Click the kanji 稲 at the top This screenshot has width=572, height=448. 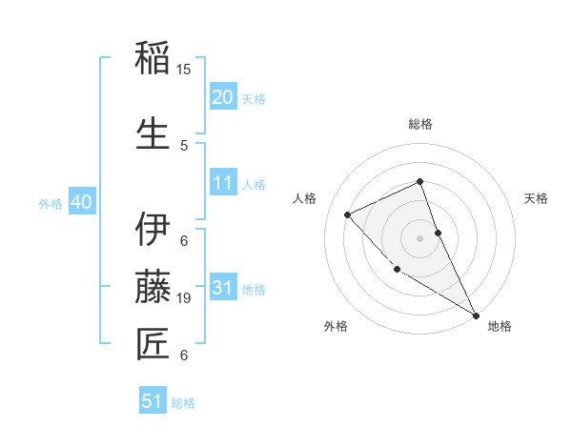coord(153,59)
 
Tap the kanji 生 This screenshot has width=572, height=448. coord(153,133)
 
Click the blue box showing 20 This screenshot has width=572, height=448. coord(222,97)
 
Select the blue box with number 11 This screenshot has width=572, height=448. coord(222,183)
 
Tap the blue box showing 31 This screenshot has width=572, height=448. coord(222,288)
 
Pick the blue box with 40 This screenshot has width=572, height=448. coord(81,202)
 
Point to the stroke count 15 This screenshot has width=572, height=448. coord(184,70)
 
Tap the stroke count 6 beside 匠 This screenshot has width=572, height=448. coord(184,356)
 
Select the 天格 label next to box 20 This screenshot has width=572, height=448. coord(254,99)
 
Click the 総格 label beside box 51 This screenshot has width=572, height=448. coord(183,403)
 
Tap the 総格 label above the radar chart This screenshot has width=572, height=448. coord(419,124)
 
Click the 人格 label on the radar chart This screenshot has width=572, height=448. coord(305,198)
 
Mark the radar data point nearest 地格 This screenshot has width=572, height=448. coord(476,315)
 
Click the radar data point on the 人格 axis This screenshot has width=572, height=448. coord(348,214)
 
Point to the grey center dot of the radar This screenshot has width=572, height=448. coord(419,237)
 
